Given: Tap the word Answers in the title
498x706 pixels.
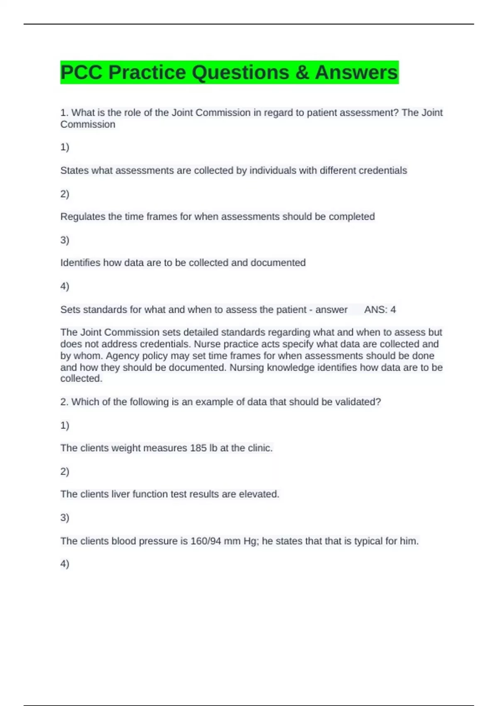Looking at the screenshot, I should tap(356, 73).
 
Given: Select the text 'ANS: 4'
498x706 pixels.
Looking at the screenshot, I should tap(380, 310).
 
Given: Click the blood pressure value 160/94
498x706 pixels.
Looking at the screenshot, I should tap(206, 541).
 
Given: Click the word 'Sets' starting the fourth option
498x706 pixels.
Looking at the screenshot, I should tap(70, 310).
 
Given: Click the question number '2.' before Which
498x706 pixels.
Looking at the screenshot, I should tap(64, 402).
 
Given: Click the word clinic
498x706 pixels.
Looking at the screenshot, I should tap(260, 448).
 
